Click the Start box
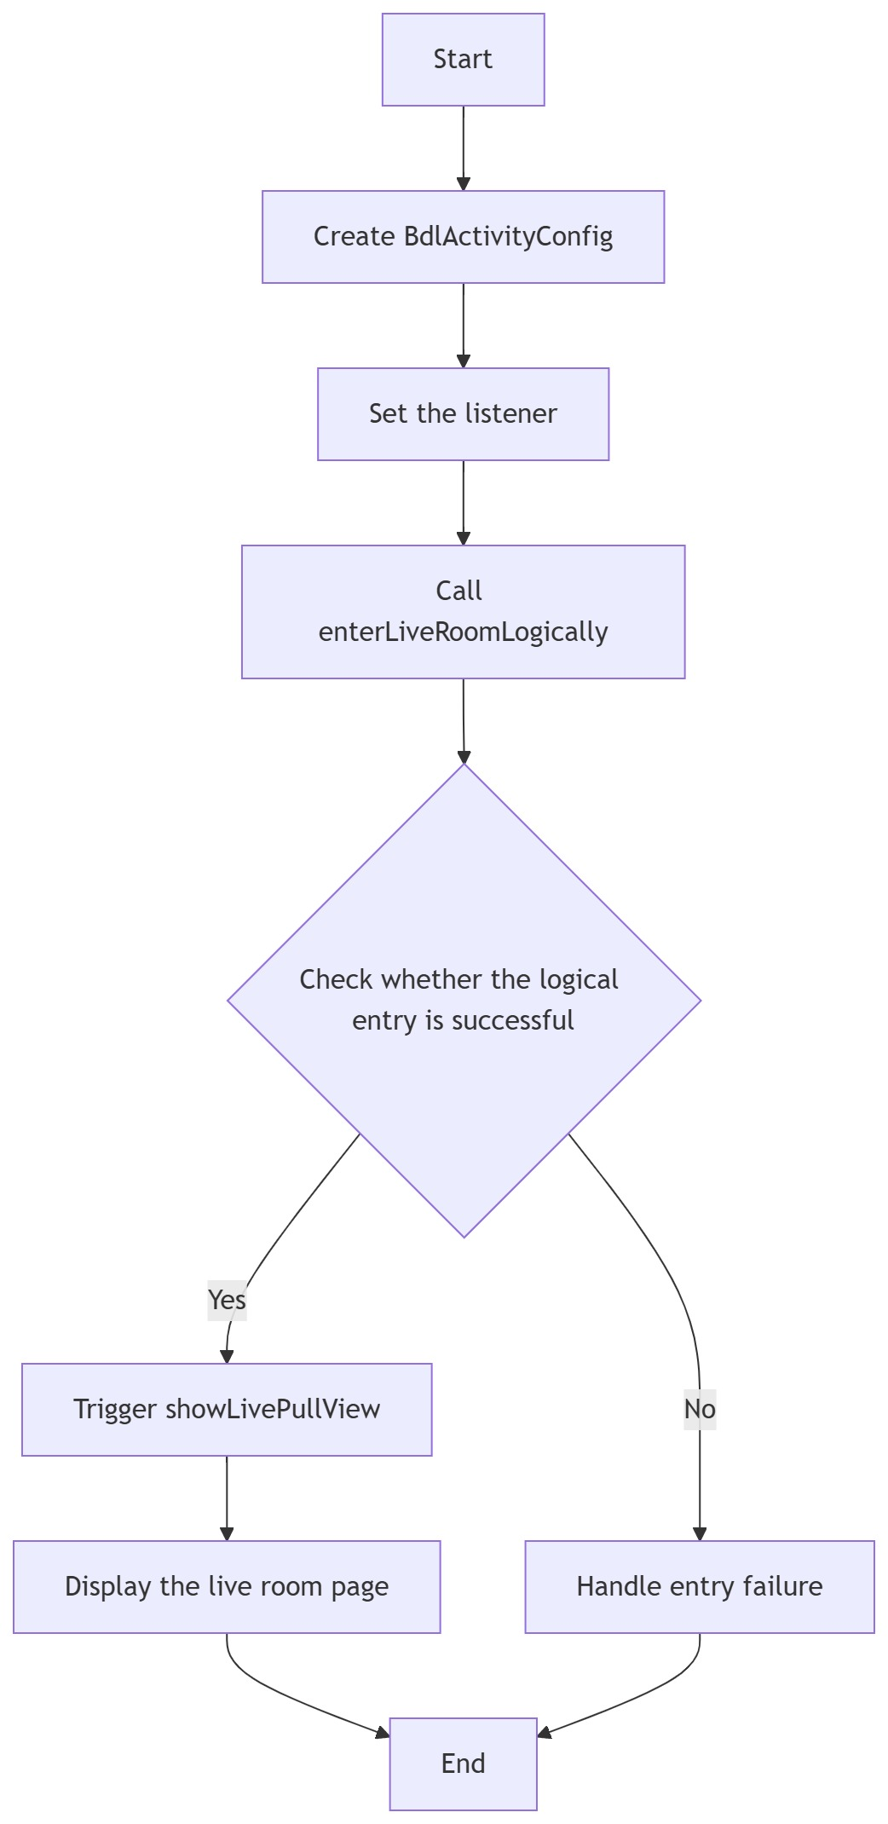click(463, 60)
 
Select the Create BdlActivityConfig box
click(463, 237)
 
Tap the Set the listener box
click(463, 414)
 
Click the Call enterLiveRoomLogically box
click(463, 612)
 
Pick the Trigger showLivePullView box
click(227, 1410)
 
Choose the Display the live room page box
click(227, 1587)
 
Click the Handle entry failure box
click(699, 1587)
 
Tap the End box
click(463, 1763)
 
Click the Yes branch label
click(227, 1300)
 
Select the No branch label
click(700, 1410)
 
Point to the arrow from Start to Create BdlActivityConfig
click(463, 148)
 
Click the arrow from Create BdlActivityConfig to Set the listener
click(463, 326)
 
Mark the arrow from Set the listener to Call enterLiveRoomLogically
click(463, 503)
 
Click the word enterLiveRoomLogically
click(463, 632)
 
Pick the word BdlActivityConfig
click(508, 237)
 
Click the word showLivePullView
click(273, 1410)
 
